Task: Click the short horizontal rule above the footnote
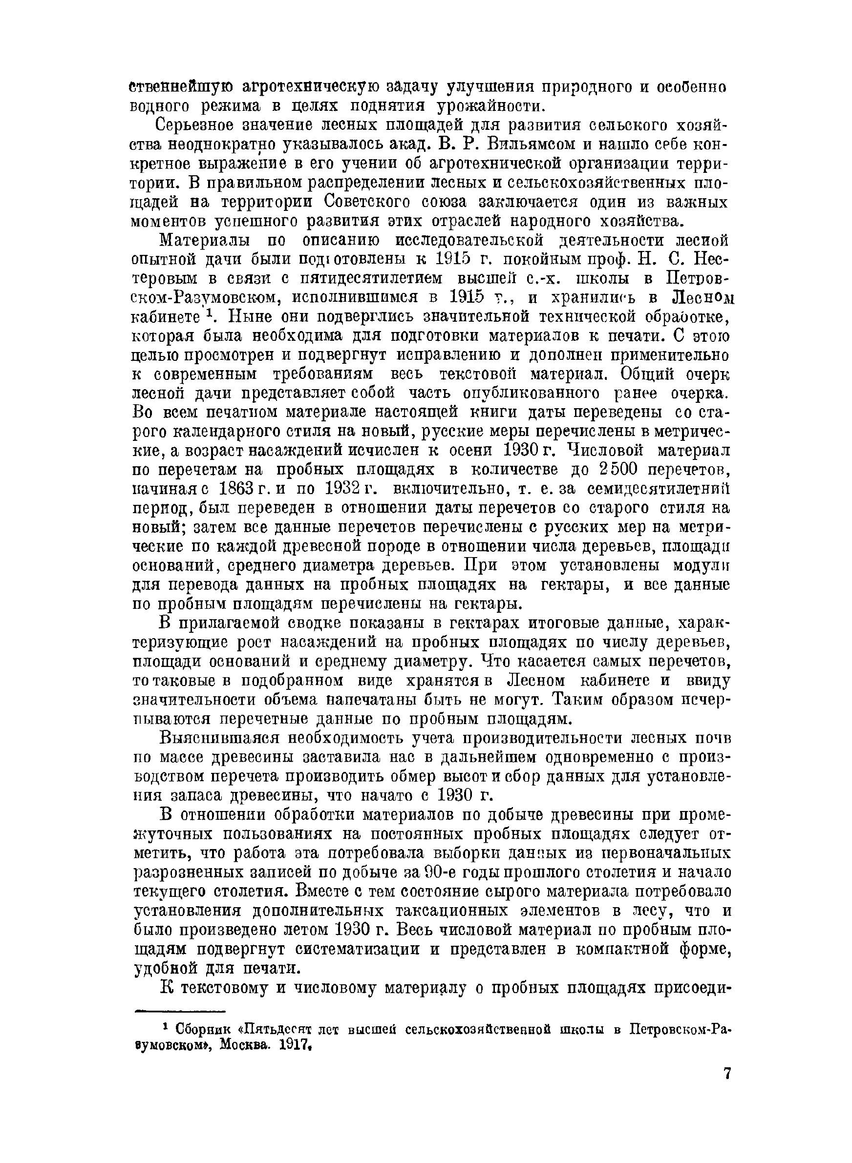click(x=179, y=1012)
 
